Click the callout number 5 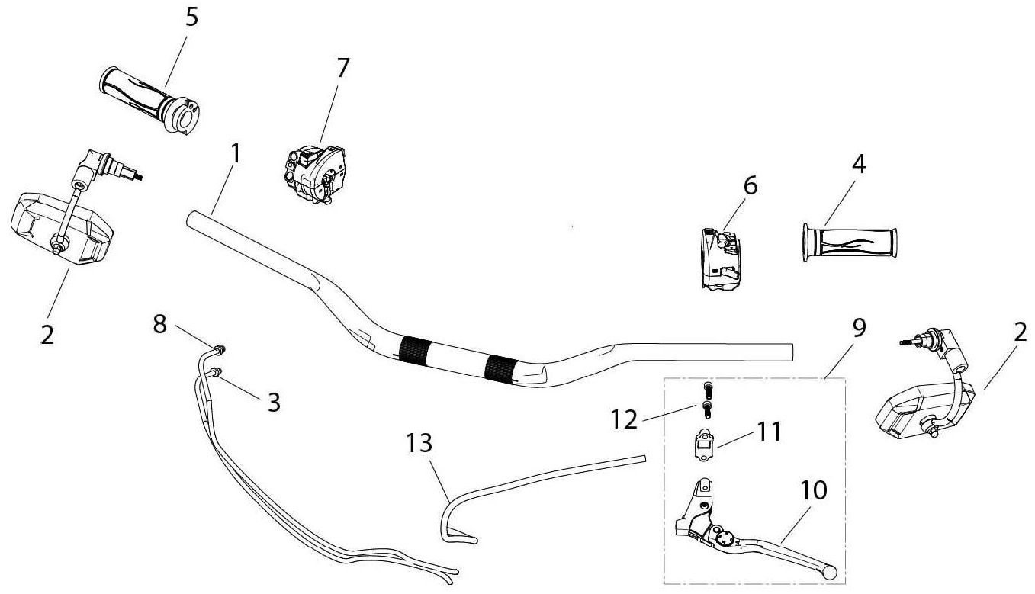tap(191, 18)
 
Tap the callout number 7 tap(342, 67)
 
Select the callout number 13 tap(419, 443)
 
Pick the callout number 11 tap(768, 432)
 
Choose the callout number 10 tap(813, 490)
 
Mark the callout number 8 tap(159, 323)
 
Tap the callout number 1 tap(236, 153)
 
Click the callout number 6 tap(751, 186)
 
